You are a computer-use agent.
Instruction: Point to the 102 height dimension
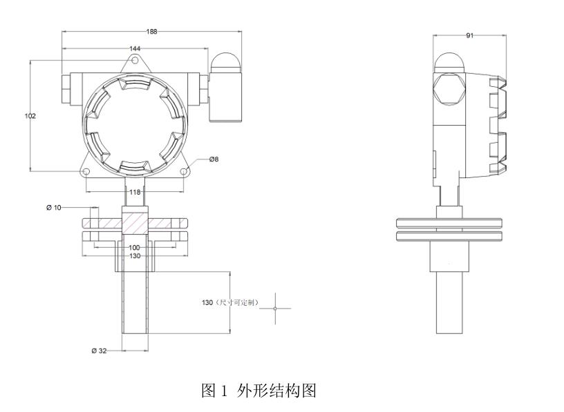[30, 116]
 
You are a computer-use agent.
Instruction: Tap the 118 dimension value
[135, 192]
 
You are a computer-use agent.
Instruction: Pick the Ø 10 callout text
[55, 208]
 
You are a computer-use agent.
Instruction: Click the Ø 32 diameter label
[98, 351]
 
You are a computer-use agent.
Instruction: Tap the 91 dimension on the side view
[469, 35]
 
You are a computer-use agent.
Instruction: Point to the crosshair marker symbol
[275, 308]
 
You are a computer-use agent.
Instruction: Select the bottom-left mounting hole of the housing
[86, 170]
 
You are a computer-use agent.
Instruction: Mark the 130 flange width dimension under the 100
[135, 256]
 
